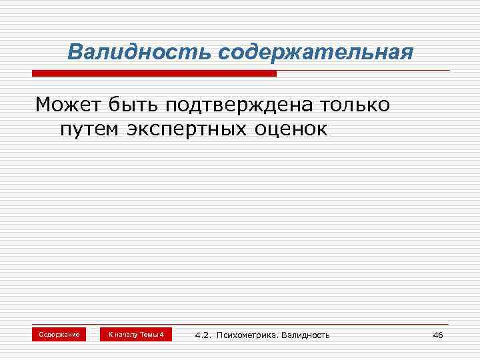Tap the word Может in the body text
coord(66,105)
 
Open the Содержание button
coord(59,334)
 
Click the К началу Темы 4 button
coord(136,334)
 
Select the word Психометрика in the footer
coord(247,335)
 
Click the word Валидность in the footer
coord(307,335)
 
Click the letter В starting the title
coord(75,52)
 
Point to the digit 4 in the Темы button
coord(161,334)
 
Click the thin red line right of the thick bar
coord(363,71)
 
